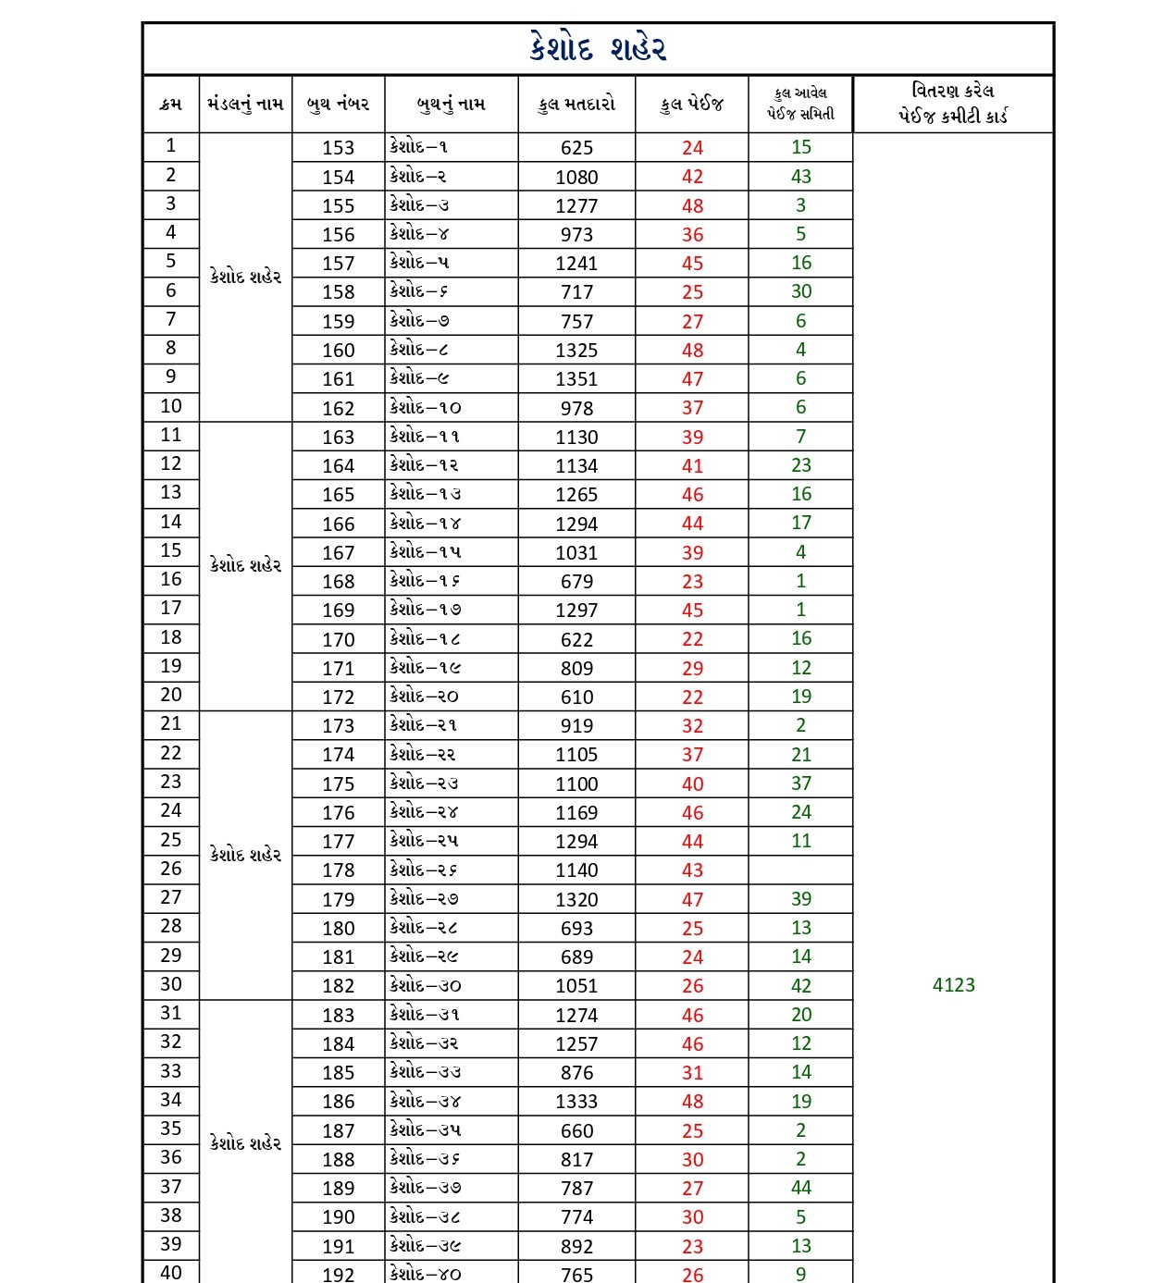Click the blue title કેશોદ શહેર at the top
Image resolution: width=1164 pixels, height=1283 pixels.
[x=598, y=48]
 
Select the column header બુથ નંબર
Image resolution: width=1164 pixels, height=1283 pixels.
[x=338, y=104]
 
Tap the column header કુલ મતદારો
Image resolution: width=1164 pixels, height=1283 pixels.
[x=576, y=104]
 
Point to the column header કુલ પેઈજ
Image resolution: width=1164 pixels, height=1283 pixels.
[x=692, y=104]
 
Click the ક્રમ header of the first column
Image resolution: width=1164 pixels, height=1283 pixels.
[x=171, y=104]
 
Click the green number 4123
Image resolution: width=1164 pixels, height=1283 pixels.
[x=954, y=985]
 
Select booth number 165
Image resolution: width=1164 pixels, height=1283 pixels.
[x=338, y=495]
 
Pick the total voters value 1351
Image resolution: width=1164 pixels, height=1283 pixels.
[x=576, y=379]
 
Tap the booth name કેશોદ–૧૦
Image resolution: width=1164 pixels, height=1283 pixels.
[x=426, y=408]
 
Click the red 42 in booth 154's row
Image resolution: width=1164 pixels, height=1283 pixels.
[x=692, y=177]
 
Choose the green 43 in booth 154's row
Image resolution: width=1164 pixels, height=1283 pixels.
[x=801, y=177]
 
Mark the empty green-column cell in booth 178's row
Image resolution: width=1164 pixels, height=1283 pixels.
[x=801, y=870]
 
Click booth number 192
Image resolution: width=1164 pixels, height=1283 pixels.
[x=338, y=1274]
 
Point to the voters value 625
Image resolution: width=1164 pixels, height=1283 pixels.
[x=576, y=148]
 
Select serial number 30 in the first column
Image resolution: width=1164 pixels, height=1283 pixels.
[x=171, y=984]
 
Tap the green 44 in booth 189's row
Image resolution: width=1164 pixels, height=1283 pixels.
[x=801, y=1188]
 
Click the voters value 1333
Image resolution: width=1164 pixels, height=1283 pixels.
[x=576, y=1102]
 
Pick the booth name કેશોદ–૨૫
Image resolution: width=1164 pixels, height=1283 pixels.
[x=425, y=841]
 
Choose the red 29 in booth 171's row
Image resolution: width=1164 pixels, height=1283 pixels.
[x=692, y=668]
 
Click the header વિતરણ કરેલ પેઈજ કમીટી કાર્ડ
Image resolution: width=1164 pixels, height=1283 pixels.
[x=953, y=104]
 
